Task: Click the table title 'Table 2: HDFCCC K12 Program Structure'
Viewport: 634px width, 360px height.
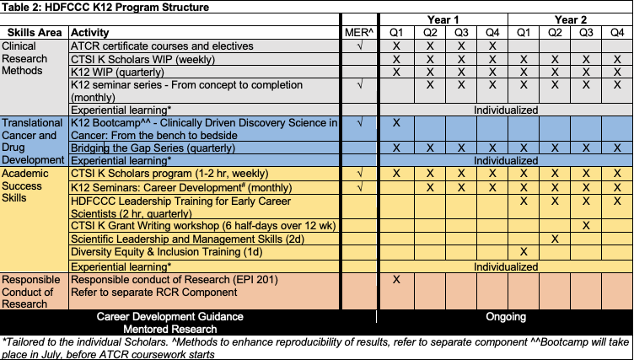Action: [x=105, y=7]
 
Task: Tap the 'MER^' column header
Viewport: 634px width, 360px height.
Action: [x=359, y=32]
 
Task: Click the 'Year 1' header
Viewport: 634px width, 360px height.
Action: [x=443, y=19]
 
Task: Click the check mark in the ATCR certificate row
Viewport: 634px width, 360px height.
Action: [x=360, y=46]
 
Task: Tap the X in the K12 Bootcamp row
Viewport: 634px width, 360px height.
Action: [x=396, y=123]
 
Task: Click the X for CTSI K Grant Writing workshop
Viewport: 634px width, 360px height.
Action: [x=585, y=225]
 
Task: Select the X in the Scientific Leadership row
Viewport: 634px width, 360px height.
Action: [x=555, y=239]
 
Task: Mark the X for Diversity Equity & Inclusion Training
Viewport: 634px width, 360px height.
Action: [x=524, y=252]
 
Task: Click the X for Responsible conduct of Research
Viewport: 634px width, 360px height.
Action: [x=396, y=279]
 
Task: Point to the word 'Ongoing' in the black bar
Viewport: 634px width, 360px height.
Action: [x=506, y=317]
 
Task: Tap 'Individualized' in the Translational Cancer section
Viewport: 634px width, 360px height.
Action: [x=506, y=159]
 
